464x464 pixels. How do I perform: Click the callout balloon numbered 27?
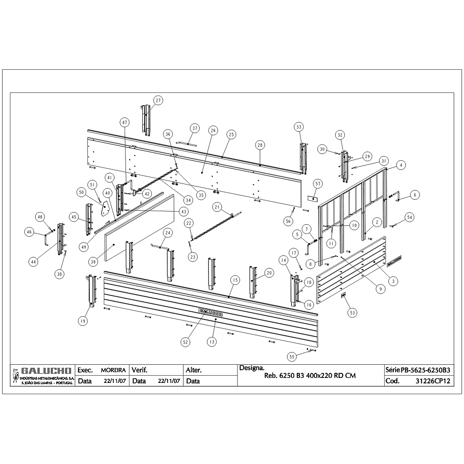point(158,100)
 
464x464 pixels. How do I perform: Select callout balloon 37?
point(195,128)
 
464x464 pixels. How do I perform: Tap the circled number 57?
point(318,184)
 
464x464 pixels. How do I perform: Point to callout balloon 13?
point(212,342)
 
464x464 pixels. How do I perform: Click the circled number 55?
point(292,357)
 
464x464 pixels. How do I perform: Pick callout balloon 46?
point(29,232)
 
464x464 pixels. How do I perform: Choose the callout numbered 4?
point(401,165)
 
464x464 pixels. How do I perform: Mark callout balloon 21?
point(217,207)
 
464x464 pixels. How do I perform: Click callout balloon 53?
point(352,313)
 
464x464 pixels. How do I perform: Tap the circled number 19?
point(82,321)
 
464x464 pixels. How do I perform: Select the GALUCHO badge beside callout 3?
point(394,260)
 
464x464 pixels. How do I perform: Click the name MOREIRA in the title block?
point(113,370)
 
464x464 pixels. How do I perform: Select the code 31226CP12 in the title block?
point(433,381)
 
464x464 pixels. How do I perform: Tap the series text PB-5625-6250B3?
point(425,370)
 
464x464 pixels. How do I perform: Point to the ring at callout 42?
point(135,193)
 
